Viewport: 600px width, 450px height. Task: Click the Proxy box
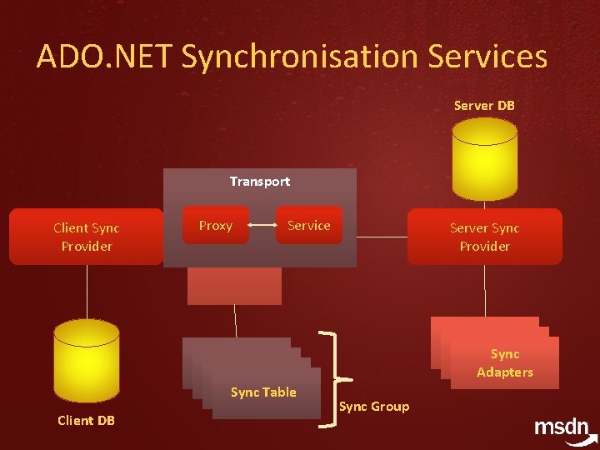point(216,225)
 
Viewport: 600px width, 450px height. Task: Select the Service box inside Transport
point(309,225)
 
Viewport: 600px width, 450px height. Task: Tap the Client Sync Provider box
point(87,237)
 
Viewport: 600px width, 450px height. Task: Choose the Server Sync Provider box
point(484,237)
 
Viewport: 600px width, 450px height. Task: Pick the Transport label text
point(260,181)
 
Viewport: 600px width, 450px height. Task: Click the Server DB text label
point(484,106)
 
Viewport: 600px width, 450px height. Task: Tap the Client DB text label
point(87,420)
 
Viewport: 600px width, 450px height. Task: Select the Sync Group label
point(374,407)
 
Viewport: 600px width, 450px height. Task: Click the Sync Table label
point(263,392)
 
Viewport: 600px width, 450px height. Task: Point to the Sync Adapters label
point(505,363)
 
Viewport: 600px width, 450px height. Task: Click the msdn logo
point(563,427)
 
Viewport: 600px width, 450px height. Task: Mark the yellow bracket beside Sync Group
point(335,379)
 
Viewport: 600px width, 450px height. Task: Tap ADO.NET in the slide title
point(104,57)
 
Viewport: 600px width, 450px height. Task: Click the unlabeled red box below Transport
point(234,286)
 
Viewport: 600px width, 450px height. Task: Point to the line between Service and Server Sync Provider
point(382,237)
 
